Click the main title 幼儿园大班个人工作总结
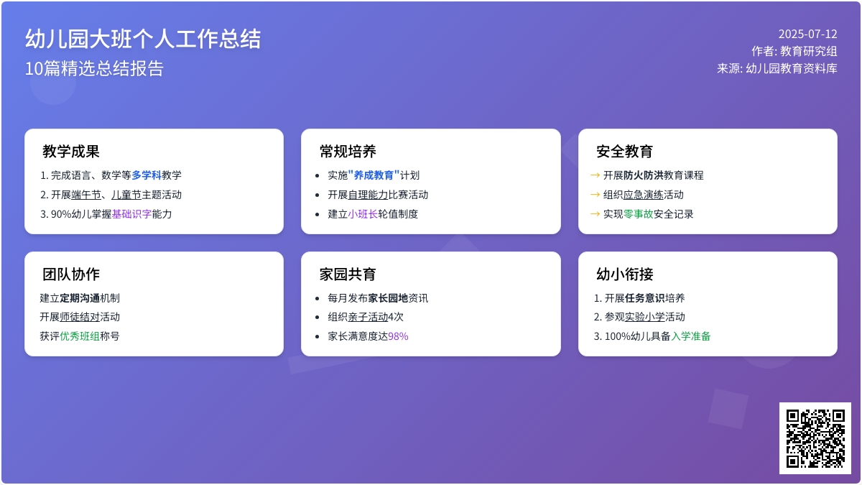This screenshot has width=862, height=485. point(143,39)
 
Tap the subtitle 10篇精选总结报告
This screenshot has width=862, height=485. point(94,68)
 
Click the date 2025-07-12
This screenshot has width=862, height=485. point(807,34)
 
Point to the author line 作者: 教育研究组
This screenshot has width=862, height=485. point(794,51)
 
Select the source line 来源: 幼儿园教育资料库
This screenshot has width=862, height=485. point(777,68)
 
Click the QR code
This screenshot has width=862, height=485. point(815,438)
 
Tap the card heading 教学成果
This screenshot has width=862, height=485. point(71,152)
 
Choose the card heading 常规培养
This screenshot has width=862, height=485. point(348,152)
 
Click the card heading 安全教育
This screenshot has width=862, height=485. point(624,152)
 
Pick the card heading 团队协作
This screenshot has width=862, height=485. point(71,274)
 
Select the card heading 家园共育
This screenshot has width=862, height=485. point(348,274)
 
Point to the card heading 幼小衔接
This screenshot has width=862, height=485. point(624,274)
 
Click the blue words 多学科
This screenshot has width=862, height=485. point(147,175)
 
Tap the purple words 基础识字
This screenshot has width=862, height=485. point(131,214)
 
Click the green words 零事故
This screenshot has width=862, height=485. point(638,214)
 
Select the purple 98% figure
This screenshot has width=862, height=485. point(398,336)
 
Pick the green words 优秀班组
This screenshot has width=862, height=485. point(80,336)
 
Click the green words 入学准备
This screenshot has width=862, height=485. point(691,336)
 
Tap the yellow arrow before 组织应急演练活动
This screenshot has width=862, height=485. point(595,195)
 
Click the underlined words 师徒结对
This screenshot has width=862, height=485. point(80,317)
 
